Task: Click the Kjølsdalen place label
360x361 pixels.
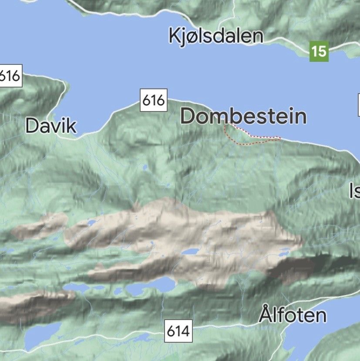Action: (216, 36)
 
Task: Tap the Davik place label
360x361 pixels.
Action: (51, 126)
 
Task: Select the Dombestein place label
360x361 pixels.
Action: (243, 116)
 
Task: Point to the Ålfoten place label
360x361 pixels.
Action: (293, 314)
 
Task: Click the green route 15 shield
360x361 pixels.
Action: (319, 51)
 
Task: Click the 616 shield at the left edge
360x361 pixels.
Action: (10, 76)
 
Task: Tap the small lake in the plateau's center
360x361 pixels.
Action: (190, 252)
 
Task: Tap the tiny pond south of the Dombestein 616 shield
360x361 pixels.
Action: (145, 166)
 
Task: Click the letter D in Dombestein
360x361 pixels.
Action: (188, 116)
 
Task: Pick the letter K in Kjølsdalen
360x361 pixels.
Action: (175, 36)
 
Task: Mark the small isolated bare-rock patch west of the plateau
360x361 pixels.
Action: (41, 226)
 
